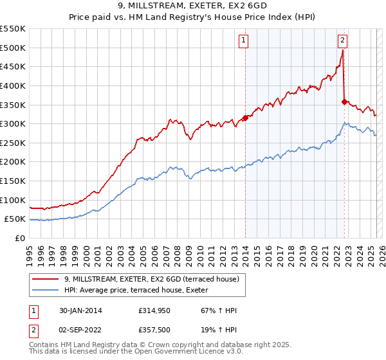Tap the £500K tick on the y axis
click(12, 48)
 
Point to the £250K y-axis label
click(12, 143)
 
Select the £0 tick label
click(21, 238)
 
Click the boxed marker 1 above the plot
click(244, 40)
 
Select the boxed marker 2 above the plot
click(342, 40)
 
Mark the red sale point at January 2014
click(245, 118)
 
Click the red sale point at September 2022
click(344, 102)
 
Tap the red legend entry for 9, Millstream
click(151, 279)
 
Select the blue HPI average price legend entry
click(151, 290)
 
